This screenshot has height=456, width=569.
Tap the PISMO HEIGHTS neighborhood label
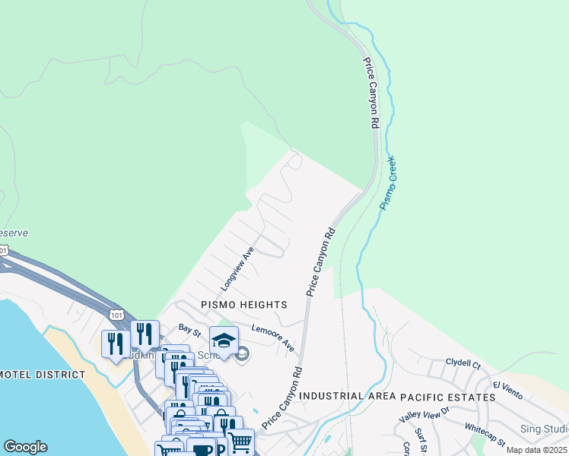point(243,304)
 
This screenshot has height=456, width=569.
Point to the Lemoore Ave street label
point(273,338)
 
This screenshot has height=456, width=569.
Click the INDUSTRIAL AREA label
point(346,397)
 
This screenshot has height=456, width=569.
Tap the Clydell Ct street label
point(463,363)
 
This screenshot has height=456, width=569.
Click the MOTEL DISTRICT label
point(43,375)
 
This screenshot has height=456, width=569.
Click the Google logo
point(25,447)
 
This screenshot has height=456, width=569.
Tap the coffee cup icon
point(202,449)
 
